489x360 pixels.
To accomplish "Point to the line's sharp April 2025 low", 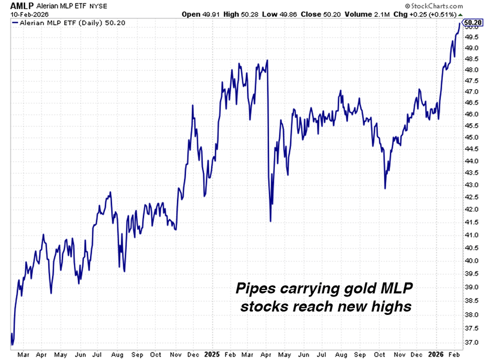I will click(270, 220).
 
